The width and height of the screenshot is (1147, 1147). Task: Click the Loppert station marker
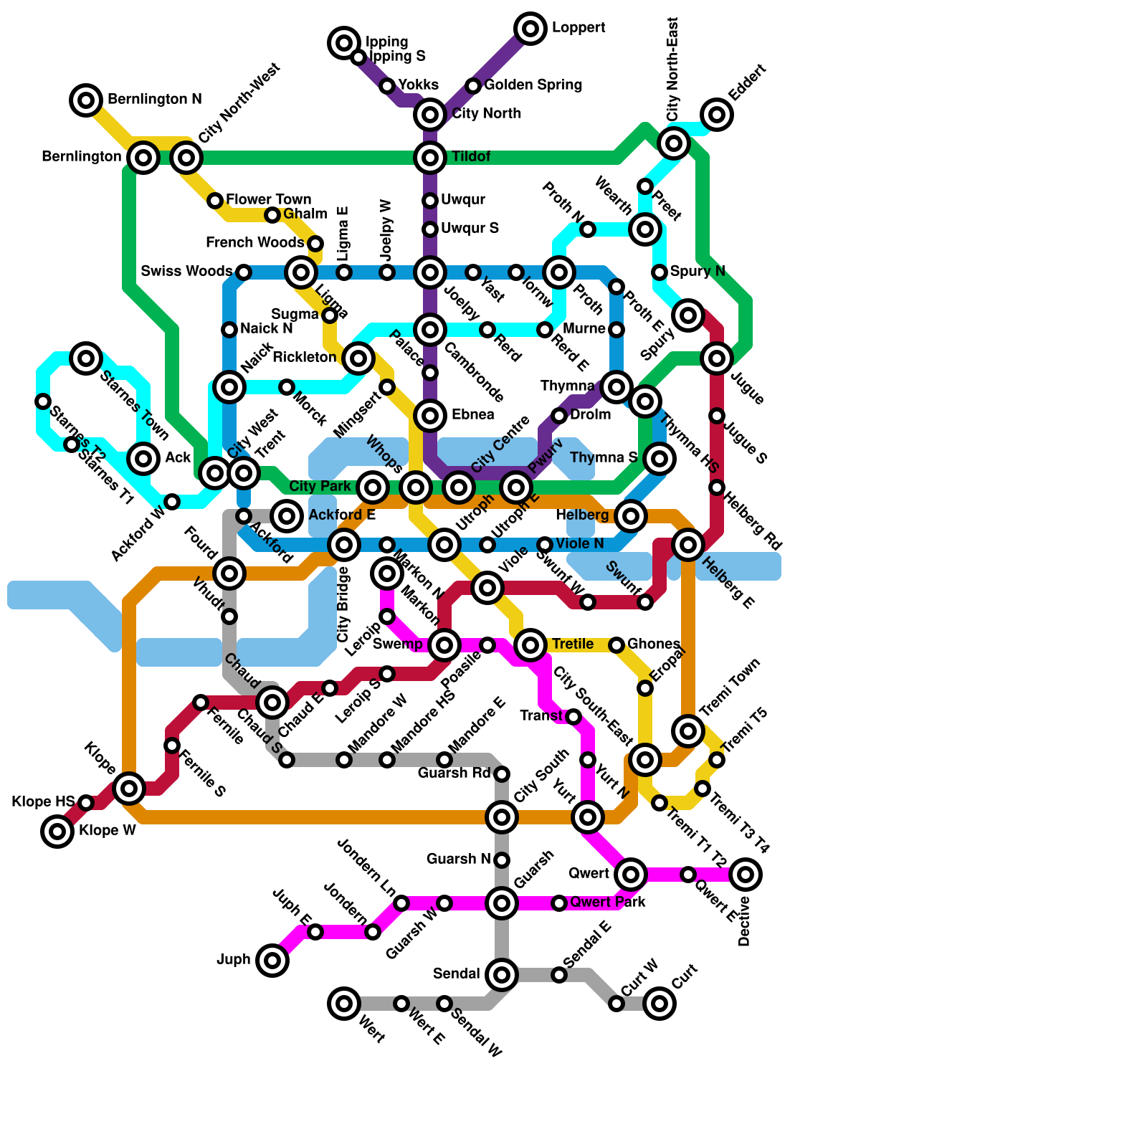pos(530,29)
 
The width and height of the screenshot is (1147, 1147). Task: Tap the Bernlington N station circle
pos(86,100)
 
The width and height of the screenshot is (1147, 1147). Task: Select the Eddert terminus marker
pos(716,114)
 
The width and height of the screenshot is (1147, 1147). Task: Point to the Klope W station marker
pos(57,832)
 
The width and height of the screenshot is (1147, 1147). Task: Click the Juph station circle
pos(272,960)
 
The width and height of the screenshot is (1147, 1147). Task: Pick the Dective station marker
pos(746,874)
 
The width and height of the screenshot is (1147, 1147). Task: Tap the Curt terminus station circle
pos(660,1003)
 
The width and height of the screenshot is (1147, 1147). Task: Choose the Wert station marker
pos(344,1003)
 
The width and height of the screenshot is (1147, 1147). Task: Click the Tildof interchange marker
pos(430,157)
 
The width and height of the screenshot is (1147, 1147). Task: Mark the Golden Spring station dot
pos(473,86)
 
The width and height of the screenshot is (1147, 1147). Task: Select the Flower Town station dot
pos(215,201)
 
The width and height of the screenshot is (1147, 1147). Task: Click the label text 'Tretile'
pos(572,644)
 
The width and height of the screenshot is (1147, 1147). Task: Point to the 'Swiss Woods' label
pos(186,272)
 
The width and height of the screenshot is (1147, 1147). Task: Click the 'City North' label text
pos(486,114)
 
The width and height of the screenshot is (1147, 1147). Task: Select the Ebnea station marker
pos(430,415)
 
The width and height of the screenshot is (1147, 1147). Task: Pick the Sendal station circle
pos(502,974)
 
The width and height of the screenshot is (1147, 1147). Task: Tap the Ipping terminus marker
pos(344,43)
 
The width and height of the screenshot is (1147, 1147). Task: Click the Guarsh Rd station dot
pos(502,774)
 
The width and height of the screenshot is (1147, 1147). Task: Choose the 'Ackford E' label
pos(342,515)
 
